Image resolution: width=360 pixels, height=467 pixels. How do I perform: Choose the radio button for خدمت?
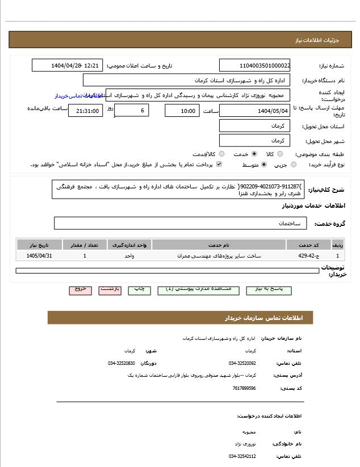point(254,154)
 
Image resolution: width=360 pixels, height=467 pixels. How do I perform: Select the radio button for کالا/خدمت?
point(221,154)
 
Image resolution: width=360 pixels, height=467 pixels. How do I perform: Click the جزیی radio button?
point(294,165)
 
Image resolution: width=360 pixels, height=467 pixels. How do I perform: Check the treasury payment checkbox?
point(219,165)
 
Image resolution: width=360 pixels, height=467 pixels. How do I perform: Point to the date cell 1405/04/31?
point(39,256)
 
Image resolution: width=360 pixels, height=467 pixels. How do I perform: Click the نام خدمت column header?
point(219,245)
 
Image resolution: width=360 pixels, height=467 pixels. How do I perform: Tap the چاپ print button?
point(139,289)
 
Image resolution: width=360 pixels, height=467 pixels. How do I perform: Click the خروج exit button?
point(80,289)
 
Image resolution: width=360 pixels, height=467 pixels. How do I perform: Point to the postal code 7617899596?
point(244,388)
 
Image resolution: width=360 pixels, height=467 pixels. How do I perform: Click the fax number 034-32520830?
point(122,363)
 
